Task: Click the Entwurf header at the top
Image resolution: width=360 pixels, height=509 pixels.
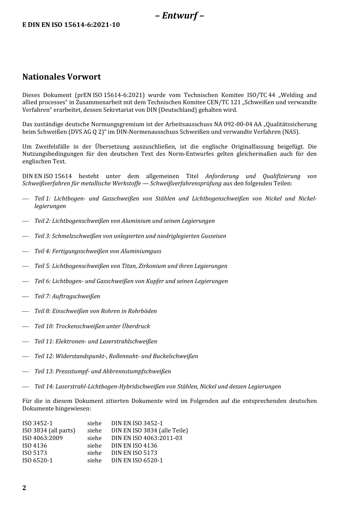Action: [x=180, y=16]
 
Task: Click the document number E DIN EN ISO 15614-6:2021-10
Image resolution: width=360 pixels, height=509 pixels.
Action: [x=71, y=25]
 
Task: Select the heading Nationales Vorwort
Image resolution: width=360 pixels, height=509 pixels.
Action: [x=61, y=77]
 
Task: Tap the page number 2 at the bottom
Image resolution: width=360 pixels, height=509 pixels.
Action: [x=24, y=488]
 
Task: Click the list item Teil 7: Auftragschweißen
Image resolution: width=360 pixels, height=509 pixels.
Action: [x=67, y=296]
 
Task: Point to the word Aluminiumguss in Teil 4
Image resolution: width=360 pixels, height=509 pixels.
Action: [x=141, y=251]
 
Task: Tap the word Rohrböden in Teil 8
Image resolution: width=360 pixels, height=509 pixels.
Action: [x=143, y=311]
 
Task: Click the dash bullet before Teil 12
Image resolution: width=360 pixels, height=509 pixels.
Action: [x=25, y=356]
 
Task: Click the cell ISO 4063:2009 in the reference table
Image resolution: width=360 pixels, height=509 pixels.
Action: [x=42, y=438]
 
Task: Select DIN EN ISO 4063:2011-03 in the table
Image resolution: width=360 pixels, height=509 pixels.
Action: [x=146, y=438]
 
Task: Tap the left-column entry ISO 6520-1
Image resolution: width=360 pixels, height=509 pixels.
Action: [x=38, y=460]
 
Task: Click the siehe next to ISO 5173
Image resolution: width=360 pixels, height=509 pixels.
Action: [x=94, y=453]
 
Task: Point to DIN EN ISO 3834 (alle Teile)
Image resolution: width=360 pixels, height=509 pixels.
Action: [x=149, y=431]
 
